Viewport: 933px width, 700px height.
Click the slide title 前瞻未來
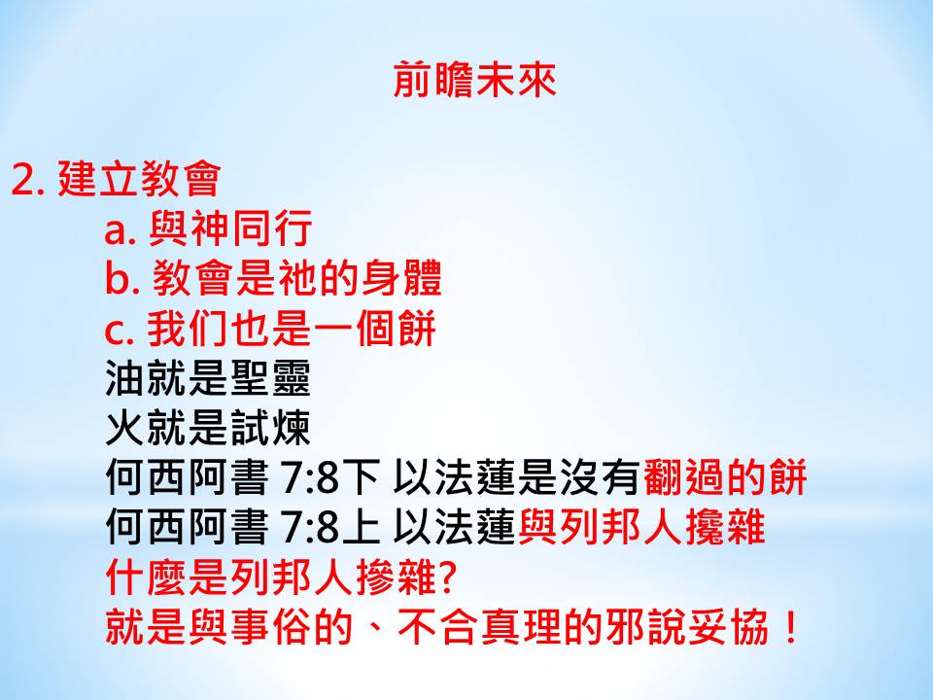[474, 80]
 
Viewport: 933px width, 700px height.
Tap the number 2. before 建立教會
[28, 179]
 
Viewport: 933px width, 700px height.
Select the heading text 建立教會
[139, 179]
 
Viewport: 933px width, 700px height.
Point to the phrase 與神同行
[230, 227]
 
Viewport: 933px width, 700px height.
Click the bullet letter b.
[121, 279]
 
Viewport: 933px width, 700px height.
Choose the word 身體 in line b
[400, 278]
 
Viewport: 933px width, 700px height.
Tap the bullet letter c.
[119, 331]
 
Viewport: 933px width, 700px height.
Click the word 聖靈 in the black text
[269, 378]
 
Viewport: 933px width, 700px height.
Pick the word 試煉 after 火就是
[269, 428]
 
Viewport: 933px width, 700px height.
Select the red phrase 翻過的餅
[724, 477]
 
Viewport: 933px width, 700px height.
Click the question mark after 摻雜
[447, 577]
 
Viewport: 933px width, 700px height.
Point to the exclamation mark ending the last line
[791, 628]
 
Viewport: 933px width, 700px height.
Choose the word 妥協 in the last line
[729, 627]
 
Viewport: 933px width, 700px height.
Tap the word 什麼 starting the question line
[147, 577]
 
